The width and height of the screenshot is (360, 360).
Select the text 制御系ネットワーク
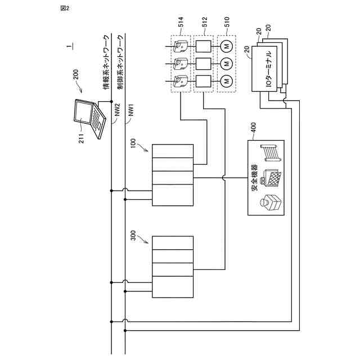[x=119, y=62]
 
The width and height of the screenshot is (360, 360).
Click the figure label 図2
[x=64, y=7]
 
